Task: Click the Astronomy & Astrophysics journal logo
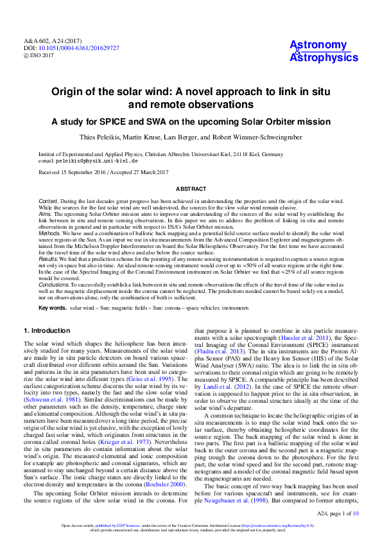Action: point(324,51)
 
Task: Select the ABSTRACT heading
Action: point(191,189)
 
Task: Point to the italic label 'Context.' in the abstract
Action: point(49,202)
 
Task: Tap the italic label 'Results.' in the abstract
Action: point(49,258)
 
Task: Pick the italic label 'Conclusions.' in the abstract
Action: point(53,283)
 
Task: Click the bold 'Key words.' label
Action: point(52,308)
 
